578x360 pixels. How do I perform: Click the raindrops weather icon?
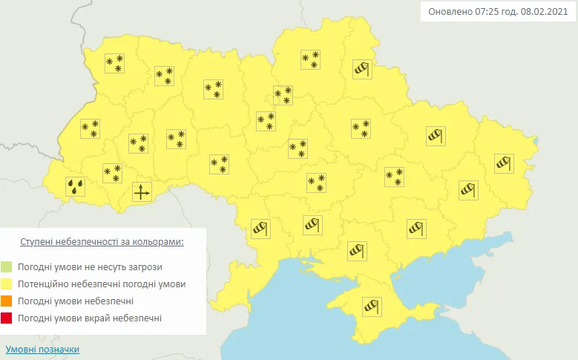click(75, 186)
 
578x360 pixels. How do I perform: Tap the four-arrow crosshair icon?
click(141, 192)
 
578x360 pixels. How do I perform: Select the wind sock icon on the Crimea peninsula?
click(370, 306)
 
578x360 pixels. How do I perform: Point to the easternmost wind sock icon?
click(504, 163)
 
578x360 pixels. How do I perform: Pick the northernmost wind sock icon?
click(361, 69)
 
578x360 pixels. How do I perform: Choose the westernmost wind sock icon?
click(260, 228)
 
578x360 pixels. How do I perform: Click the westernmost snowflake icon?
click(90, 128)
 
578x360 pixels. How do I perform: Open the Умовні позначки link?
click(42, 349)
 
